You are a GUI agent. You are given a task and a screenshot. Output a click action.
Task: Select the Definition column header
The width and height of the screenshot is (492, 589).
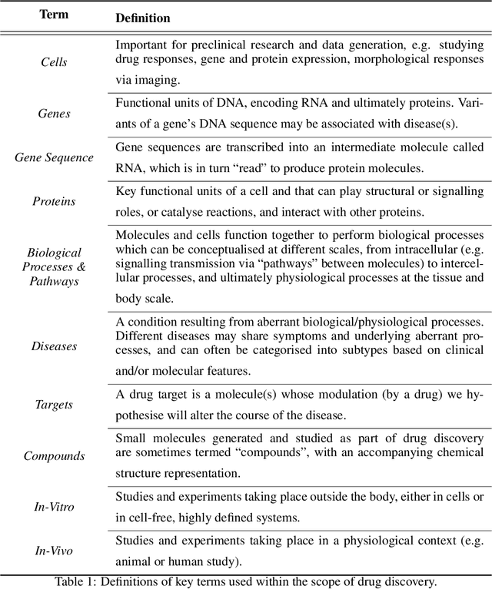pos(142,17)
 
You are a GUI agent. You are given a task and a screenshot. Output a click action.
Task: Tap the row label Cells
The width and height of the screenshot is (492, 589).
pos(54,61)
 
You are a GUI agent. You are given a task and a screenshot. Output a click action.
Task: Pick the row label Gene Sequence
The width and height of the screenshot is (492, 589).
pos(54,157)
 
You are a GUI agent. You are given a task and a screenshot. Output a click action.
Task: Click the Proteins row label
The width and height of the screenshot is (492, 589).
pos(54,201)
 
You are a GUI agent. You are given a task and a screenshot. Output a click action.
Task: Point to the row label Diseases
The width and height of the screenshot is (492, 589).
pos(54,346)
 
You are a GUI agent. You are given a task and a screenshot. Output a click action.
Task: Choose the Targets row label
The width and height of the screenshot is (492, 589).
pos(54,405)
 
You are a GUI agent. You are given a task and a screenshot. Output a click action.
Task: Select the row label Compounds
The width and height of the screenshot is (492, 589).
pos(54,455)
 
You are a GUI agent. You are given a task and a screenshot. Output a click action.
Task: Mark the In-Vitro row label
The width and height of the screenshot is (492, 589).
pos(54,506)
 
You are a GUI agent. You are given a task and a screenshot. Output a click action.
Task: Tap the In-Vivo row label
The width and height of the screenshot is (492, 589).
pos(54,550)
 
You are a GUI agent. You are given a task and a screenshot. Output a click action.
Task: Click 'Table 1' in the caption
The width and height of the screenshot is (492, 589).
pos(75,581)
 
